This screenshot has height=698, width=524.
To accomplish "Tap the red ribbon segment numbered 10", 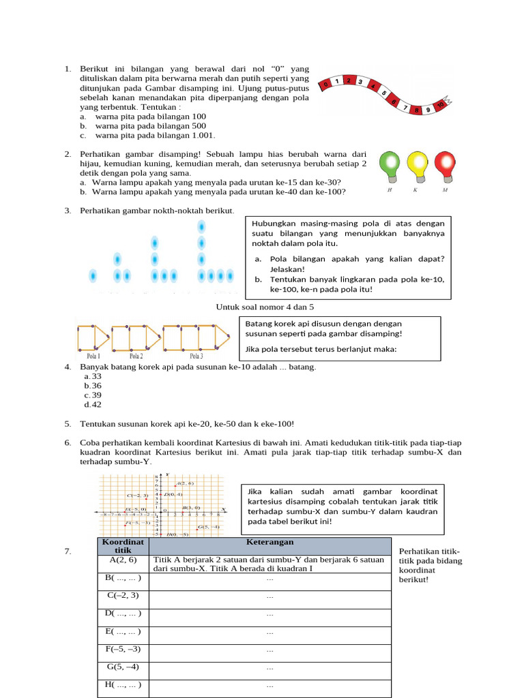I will (440, 104).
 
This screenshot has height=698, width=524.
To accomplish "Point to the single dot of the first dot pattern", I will (93, 276).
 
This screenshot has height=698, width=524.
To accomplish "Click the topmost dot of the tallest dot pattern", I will (201, 226).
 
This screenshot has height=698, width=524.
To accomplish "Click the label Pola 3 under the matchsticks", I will (196, 356).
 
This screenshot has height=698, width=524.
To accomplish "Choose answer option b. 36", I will (93, 386).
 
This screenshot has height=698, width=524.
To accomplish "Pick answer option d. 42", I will (93, 405).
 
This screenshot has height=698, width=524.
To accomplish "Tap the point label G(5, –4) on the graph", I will (209, 527).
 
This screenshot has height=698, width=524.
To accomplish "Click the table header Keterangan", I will (270, 543).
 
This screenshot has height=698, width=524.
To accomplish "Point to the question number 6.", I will (68, 443).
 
